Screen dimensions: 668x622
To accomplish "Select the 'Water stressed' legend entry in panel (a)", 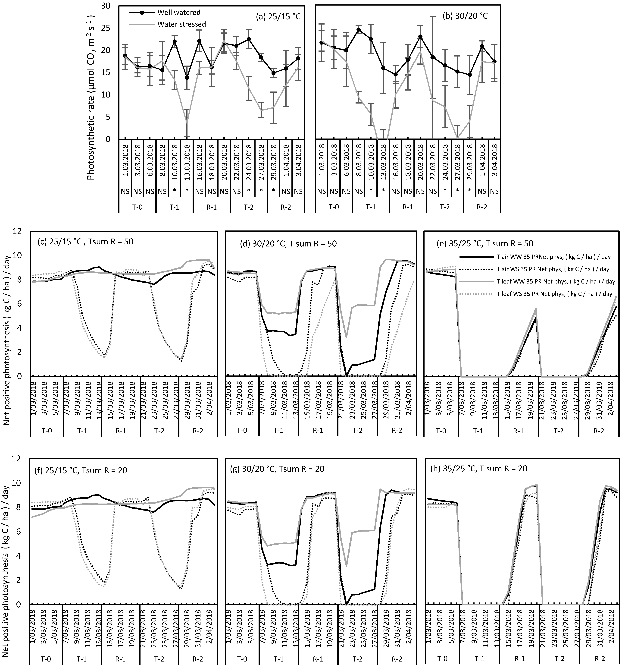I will pos(181,24).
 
